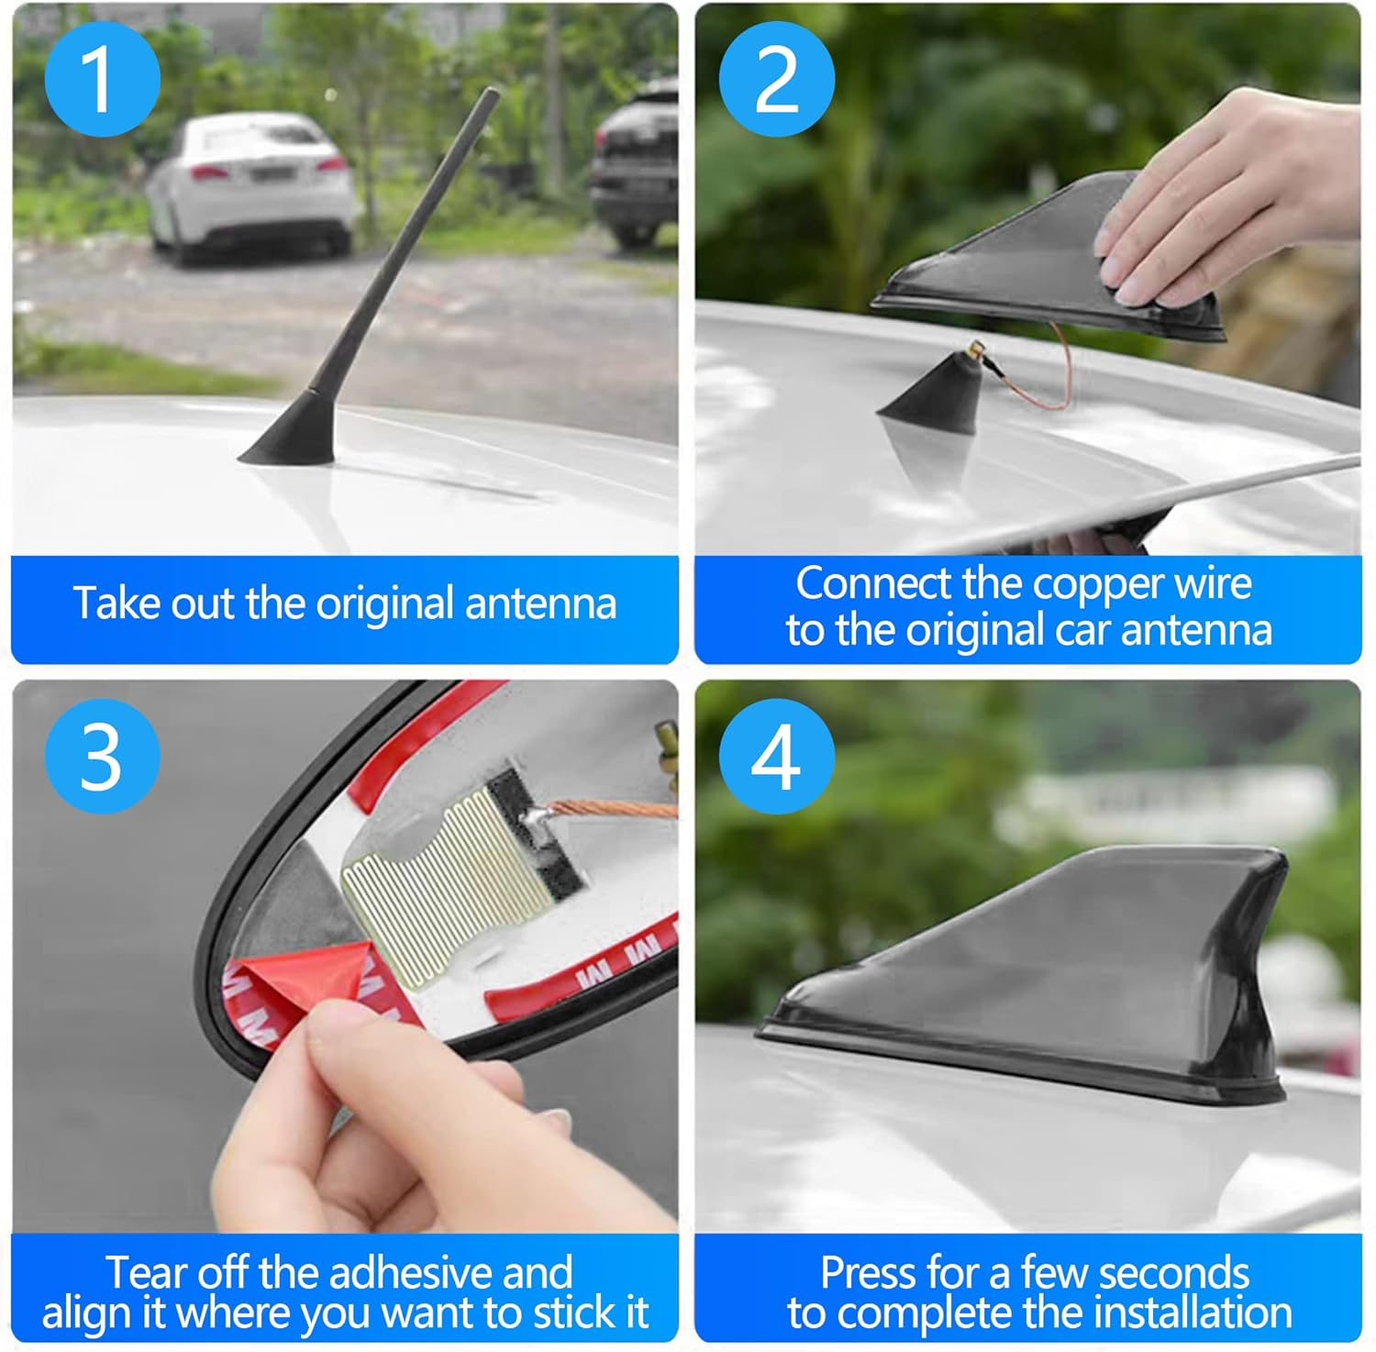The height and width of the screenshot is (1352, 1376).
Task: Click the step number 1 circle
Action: click(102, 80)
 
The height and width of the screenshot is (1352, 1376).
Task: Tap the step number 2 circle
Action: click(776, 80)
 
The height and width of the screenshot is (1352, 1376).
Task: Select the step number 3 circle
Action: click(102, 756)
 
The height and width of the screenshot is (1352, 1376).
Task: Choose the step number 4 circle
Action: click(776, 756)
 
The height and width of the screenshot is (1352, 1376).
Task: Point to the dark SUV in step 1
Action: click(635, 165)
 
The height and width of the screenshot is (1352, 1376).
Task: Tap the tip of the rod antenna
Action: click(494, 93)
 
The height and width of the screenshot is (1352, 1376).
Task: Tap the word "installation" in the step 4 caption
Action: click(1193, 1313)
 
